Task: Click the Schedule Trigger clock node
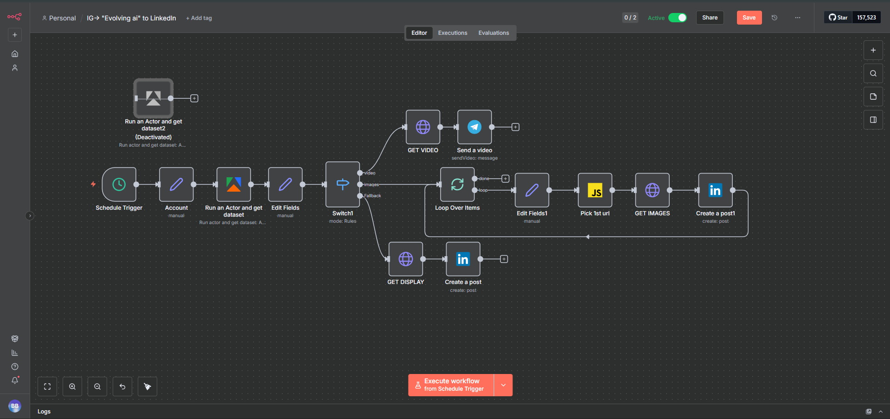(119, 184)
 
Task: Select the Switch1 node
(343, 184)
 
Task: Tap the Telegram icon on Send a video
(474, 127)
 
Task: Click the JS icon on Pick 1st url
(595, 190)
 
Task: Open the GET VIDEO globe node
(423, 127)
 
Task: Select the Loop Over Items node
(457, 184)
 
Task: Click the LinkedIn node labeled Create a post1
(715, 190)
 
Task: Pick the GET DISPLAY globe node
(406, 259)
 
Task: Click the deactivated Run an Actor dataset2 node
(154, 98)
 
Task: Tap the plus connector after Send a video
(515, 127)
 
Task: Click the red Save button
(749, 18)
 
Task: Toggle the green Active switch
(678, 18)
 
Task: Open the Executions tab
(453, 33)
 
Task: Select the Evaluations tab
(493, 33)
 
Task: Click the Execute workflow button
(451, 385)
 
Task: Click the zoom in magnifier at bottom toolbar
(72, 387)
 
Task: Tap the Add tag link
(199, 18)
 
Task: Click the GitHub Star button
(838, 18)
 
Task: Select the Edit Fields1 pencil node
(532, 190)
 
